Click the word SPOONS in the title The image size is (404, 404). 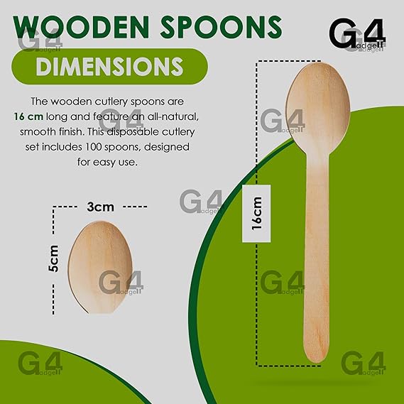tap(221, 27)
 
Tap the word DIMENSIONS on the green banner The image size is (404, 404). tap(109, 66)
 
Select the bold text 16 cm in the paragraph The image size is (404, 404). tap(28, 116)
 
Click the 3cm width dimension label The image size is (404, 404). tap(100, 207)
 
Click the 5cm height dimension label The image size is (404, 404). tap(53, 258)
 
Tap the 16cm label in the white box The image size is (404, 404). tap(256, 213)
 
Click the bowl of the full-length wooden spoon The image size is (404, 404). tap(318, 108)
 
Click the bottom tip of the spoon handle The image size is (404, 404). tap(317, 362)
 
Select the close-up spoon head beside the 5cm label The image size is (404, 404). tap(100, 267)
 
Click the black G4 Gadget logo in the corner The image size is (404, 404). tap(357, 34)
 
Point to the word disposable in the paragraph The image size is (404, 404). tap(133, 132)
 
